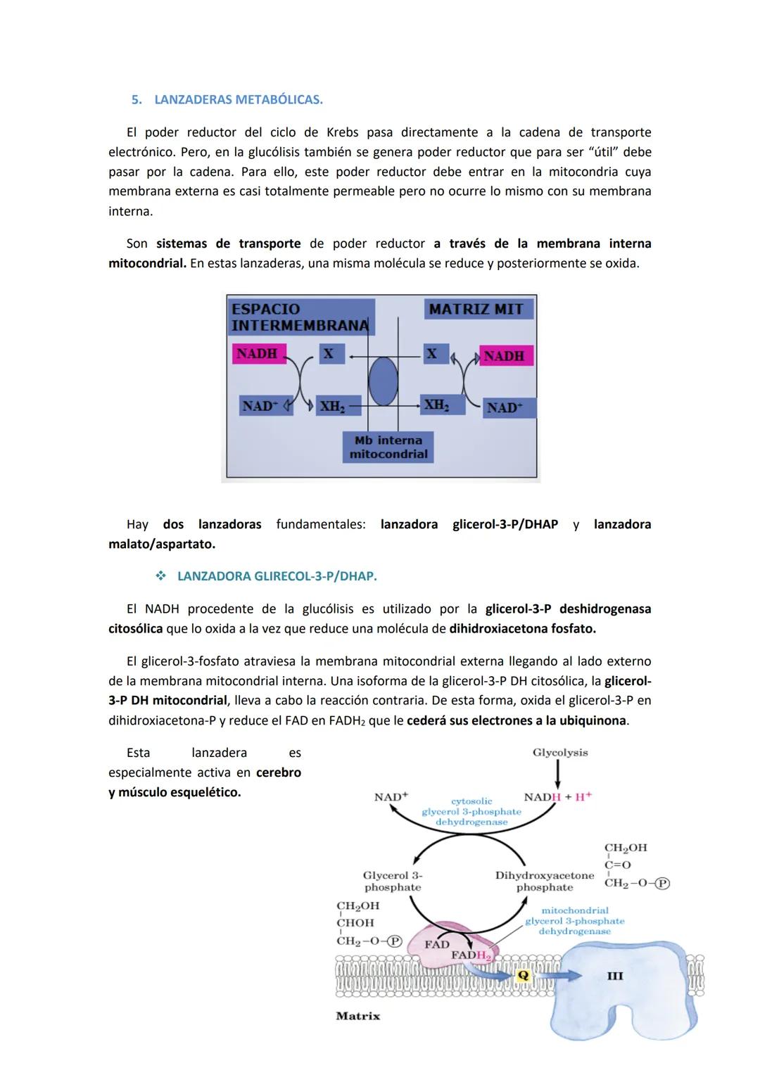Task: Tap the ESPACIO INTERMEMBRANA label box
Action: tap(300, 317)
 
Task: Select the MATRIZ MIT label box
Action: tap(479, 310)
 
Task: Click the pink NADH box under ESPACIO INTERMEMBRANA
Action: tap(257, 354)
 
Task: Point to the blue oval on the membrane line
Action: tap(383, 381)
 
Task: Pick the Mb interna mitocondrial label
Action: tap(388, 447)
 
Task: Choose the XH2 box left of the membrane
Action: tap(332, 407)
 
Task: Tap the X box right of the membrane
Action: tap(431, 354)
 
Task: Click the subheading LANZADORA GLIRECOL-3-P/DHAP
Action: tap(277, 577)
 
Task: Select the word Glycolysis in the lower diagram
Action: tap(560, 753)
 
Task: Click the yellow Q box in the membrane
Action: tap(522, 976)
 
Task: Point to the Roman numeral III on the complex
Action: tap(615, 976)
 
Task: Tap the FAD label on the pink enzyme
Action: tap(436, 944)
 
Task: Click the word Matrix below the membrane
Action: tap(357, 1016)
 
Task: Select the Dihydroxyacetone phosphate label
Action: tap(545, 882)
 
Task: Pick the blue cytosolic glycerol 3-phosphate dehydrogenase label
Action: tap(471, 811)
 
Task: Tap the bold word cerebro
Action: tap(279, 772)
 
